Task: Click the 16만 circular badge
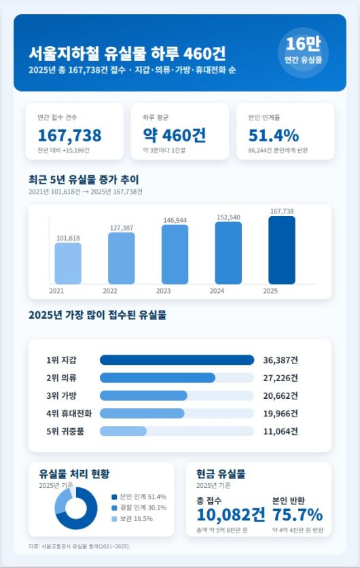[304, 52]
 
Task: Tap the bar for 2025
[282, 250]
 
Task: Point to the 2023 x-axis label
[164, 291]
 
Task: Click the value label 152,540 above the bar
[228, 217]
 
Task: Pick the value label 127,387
[121, 228]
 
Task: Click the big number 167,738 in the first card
[69, 135]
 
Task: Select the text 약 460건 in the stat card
[175, 135]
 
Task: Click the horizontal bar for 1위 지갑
[177, 360]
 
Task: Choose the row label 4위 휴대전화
[69, 413]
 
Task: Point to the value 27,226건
[281, 378]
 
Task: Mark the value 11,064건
[281, 431]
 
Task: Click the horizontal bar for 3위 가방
[143, 395]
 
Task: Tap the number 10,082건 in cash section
[231, 514]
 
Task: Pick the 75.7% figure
[297, 514]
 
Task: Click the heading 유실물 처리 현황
[74, 474]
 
